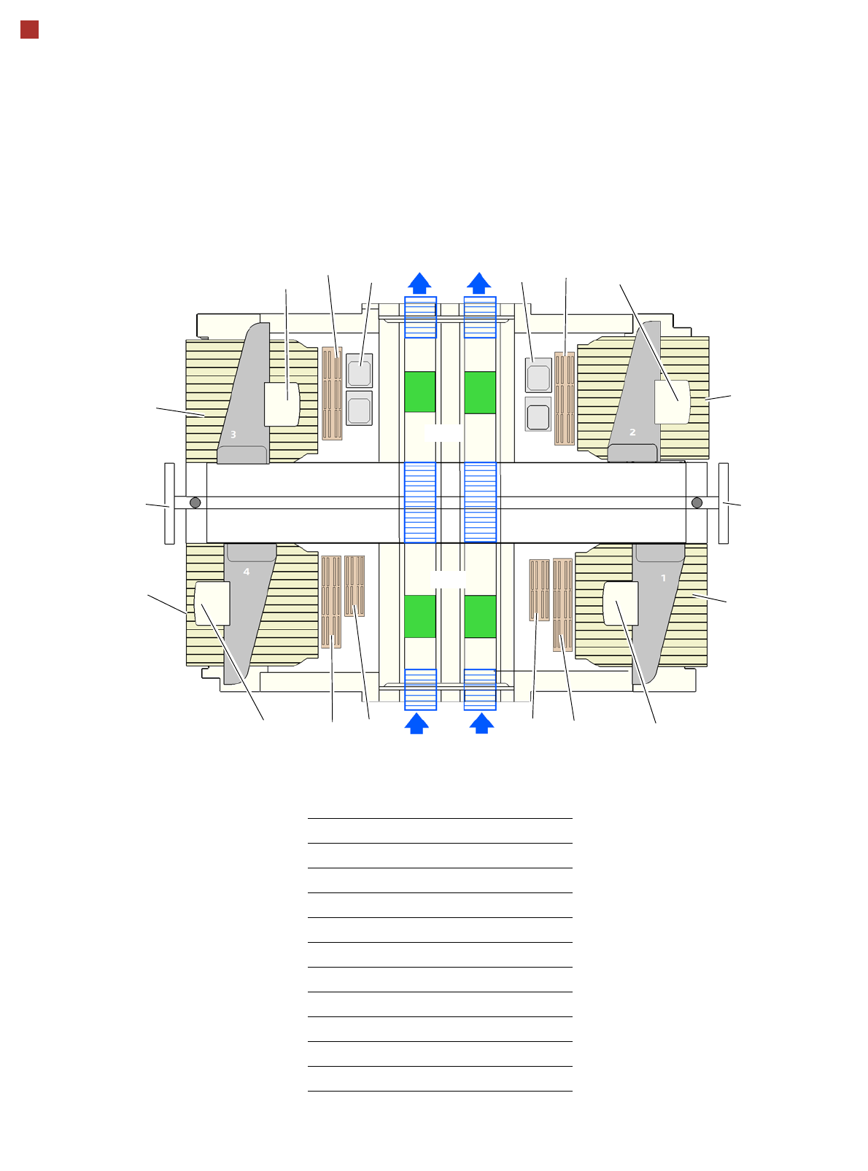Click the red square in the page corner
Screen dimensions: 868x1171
(30, 30)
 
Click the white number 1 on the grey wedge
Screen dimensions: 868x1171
(663, 578)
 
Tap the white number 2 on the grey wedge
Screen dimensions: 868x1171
(632, 432)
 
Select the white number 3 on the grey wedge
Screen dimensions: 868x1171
(233, 435)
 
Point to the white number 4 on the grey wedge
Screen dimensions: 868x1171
(247, 572)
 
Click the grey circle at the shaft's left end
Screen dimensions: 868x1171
(195, 502)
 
